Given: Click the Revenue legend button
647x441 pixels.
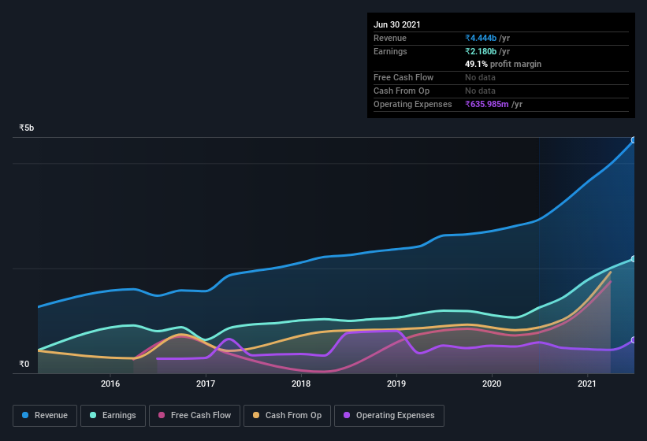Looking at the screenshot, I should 45,415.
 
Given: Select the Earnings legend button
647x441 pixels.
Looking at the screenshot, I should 113,415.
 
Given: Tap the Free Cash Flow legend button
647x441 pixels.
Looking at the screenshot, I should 195,415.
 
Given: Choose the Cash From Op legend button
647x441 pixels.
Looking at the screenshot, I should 286,415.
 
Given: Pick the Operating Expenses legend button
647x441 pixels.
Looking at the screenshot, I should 389,415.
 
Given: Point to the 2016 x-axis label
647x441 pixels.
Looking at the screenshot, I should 110,384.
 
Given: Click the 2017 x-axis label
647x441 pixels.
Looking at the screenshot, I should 206,384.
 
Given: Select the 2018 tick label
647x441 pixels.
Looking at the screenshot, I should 301,384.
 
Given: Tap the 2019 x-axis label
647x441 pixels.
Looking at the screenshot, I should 396,384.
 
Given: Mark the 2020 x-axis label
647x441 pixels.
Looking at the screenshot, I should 492,384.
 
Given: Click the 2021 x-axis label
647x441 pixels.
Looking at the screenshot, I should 587,384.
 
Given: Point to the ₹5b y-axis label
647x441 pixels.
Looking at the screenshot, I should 27,128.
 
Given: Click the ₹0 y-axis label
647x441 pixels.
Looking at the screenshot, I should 24,364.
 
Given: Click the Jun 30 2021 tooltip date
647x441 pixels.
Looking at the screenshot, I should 397,24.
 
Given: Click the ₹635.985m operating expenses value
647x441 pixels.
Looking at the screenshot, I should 493,104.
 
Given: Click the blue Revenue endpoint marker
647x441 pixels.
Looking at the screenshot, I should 634,140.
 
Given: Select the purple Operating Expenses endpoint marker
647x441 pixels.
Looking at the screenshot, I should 634,340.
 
